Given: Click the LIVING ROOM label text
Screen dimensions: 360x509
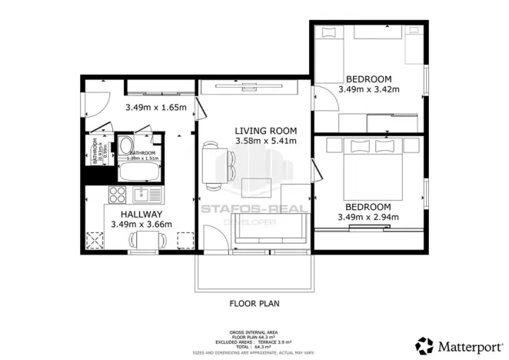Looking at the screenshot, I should (264, 131).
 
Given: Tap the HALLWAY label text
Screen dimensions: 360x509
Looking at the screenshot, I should (141, 214).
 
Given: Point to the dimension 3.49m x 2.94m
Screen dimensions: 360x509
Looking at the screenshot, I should (368, 218).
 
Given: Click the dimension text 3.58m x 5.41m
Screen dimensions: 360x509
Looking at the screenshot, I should (264, 142).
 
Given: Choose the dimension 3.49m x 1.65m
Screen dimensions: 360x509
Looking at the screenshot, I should (157, 107).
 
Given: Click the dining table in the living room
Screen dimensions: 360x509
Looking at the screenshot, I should (211, 165).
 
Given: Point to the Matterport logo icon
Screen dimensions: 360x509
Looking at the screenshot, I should (424, 344).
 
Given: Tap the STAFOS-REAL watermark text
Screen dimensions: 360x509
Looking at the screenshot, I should (254, 207).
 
